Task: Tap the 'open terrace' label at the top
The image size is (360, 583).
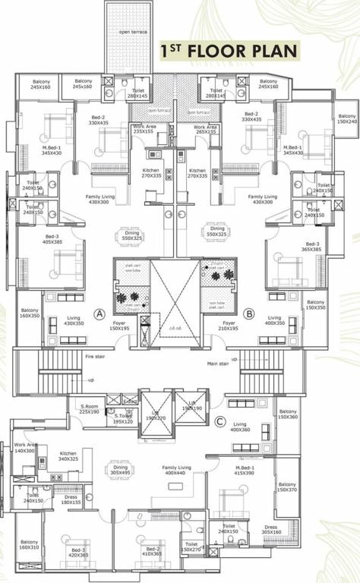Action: (134, 33)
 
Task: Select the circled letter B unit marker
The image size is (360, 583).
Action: (248, 313)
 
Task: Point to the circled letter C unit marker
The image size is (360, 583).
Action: (220, 422)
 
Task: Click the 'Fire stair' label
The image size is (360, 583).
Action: (95, 356)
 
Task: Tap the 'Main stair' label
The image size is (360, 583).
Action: (217, 363)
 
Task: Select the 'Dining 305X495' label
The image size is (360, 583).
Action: (119, 469)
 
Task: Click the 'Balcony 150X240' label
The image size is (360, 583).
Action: (347, 118)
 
